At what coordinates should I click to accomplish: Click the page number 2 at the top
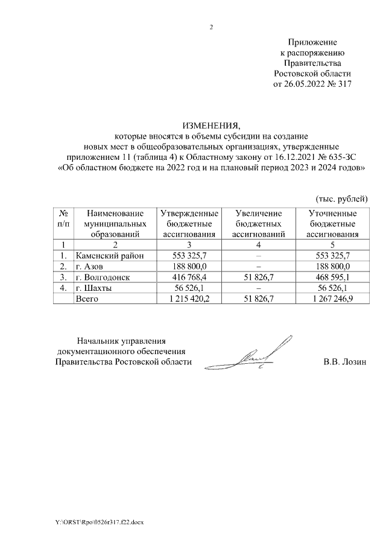(x=212, y=27)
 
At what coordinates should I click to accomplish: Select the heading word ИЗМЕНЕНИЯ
(x=211, y=126)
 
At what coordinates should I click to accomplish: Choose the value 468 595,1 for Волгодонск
(x=333, y=277)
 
